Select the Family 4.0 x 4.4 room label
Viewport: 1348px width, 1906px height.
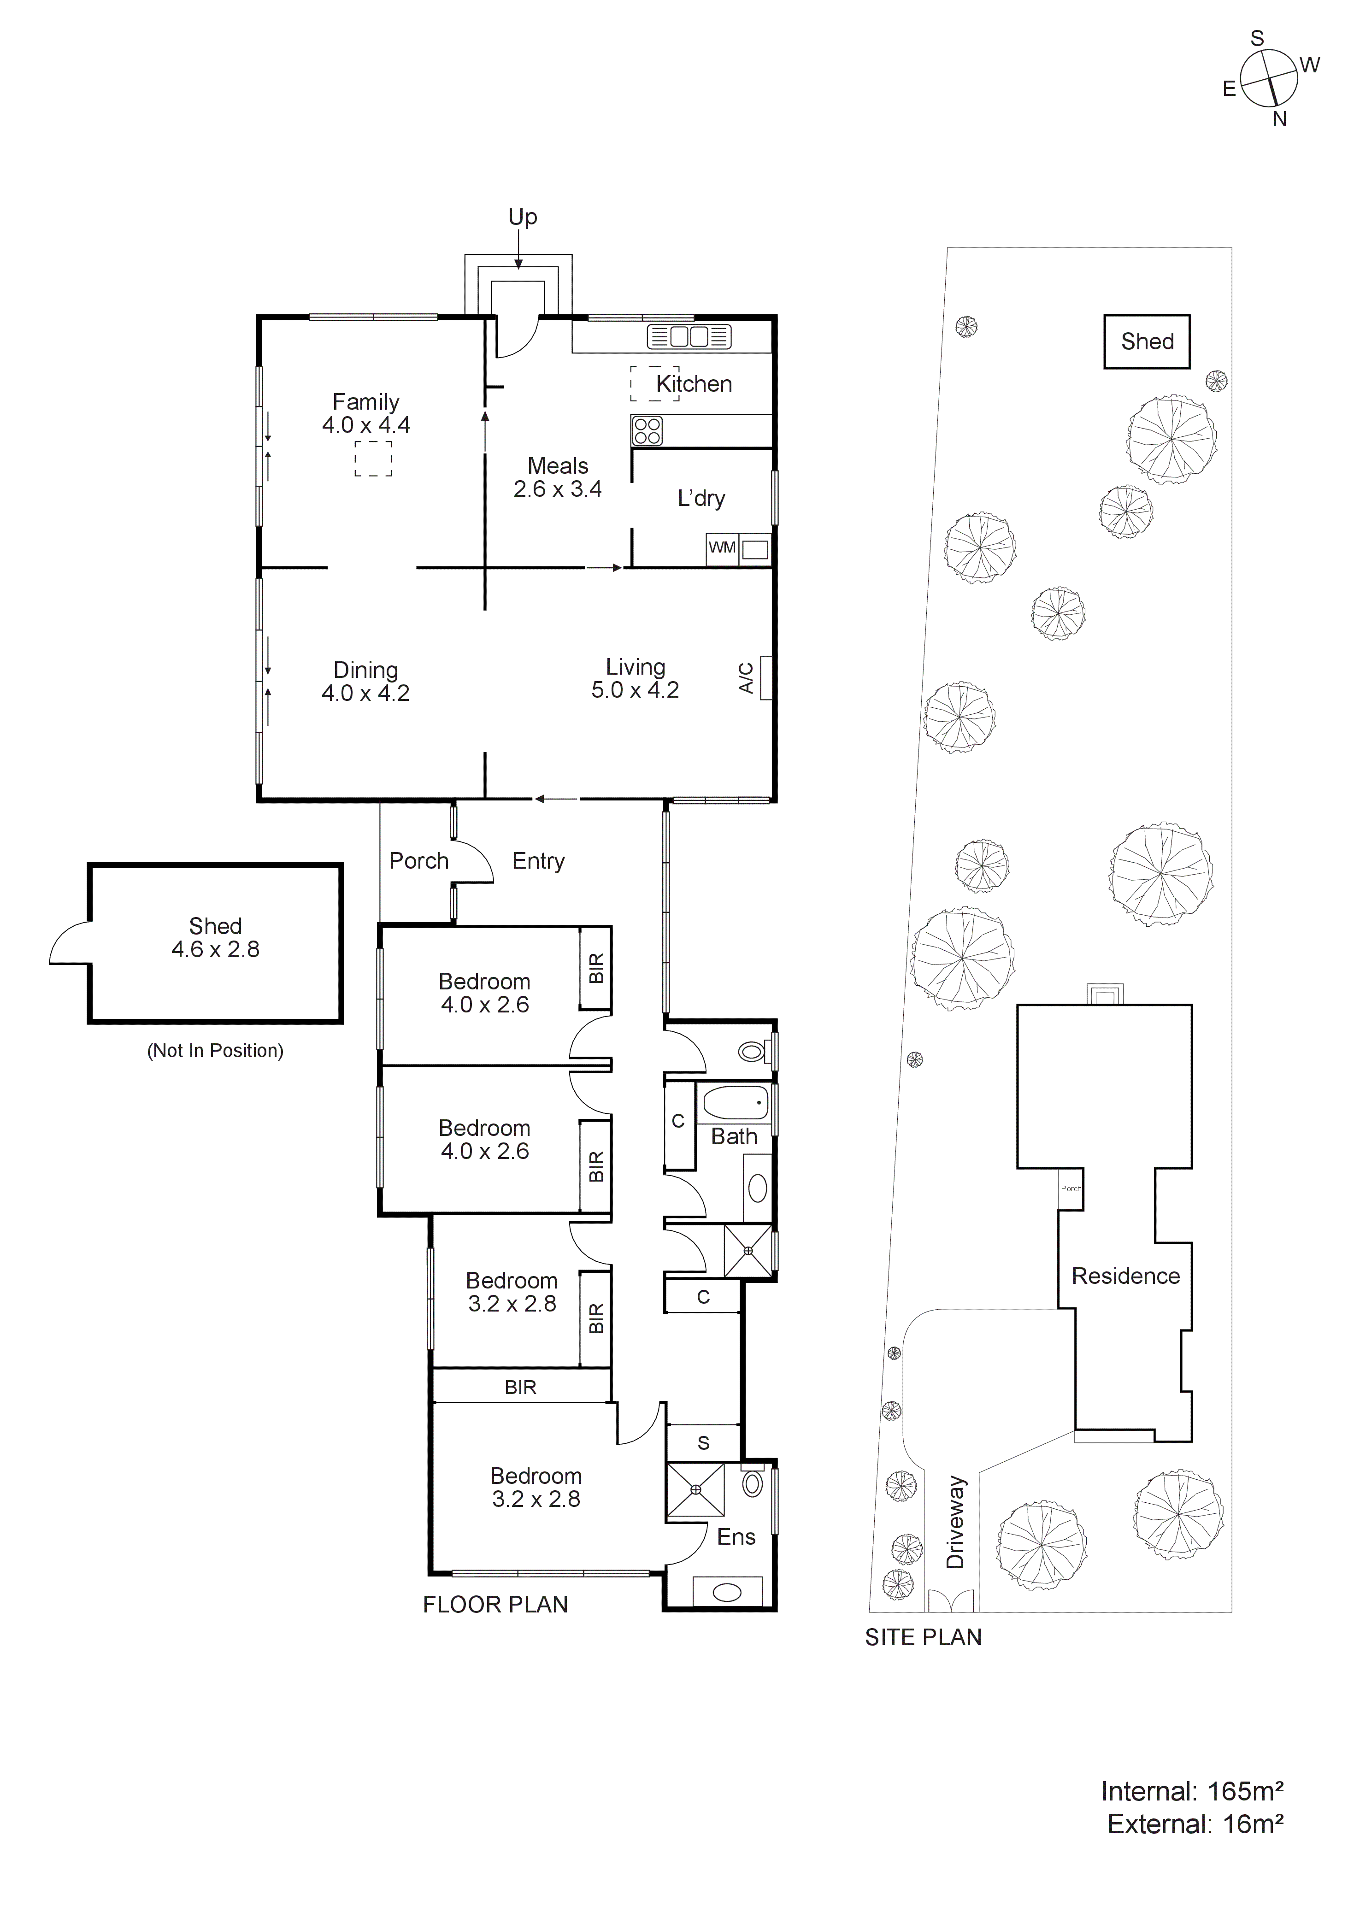[366, 413]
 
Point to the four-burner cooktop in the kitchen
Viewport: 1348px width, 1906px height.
[648, 431]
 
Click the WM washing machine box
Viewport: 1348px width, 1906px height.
[721, 548]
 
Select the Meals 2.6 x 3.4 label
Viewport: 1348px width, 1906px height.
[557, 477]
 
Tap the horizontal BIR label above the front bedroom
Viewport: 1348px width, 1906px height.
[520, 1387]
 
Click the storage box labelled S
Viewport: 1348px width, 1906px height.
[703, 1443]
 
